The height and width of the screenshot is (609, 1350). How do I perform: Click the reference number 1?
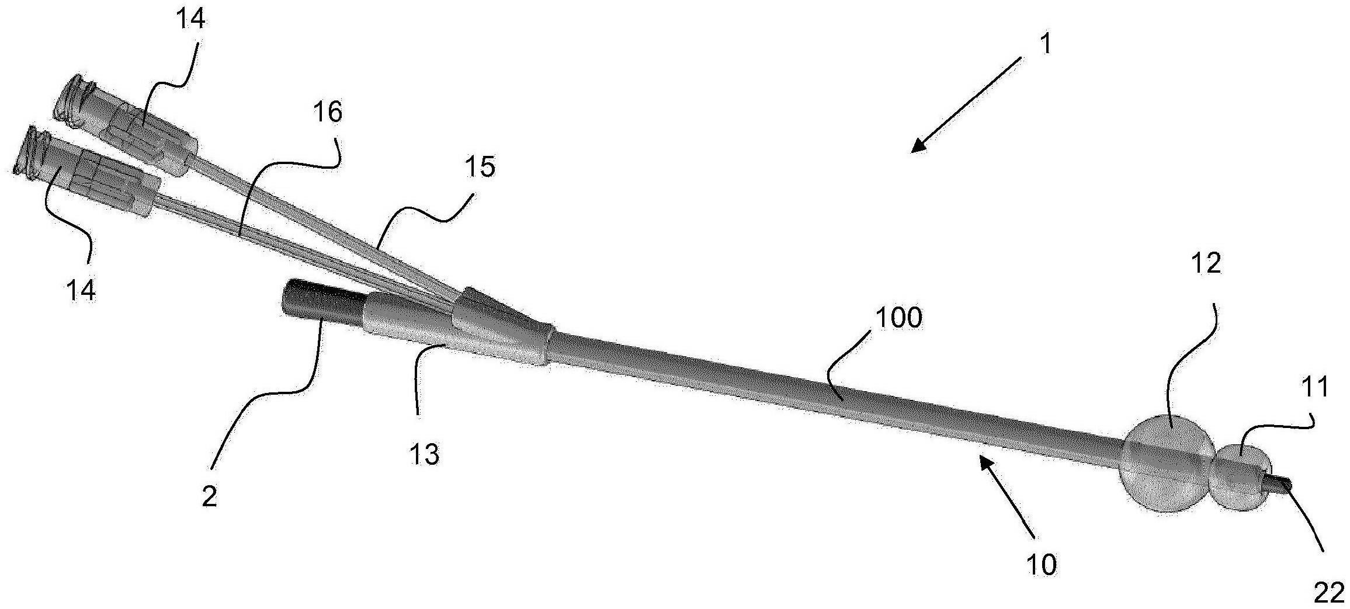pyautogui.click(x=1046, y=44)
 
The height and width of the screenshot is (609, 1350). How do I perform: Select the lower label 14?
pyautogui.click(x=81, y=290)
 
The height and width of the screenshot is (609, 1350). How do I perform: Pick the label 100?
pyautogui.click(x=898, y=318)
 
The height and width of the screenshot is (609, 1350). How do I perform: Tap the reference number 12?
pyautogui.click(x=1205, y=264)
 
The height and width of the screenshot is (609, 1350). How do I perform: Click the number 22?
pyautogui.click(x=1330, y=594)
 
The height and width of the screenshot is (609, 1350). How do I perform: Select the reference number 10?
pyautogui.click(x=1041, y=564)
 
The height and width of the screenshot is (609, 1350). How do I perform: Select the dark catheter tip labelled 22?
pyautogui.click(x=1281, y=485)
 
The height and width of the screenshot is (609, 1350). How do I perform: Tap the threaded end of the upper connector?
pyautogui.click(x=74, y=100)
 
